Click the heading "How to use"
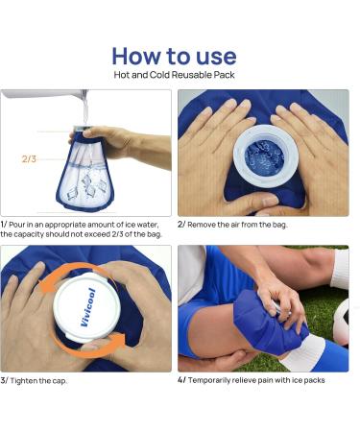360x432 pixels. (180, 55)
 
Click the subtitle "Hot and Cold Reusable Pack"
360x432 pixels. (180, 75)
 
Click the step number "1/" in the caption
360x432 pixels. (5, 224)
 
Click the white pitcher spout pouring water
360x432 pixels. (83, 97)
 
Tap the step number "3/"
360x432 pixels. (5, 380)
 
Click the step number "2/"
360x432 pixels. (182, 224)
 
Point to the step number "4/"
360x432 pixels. (182, 380)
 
